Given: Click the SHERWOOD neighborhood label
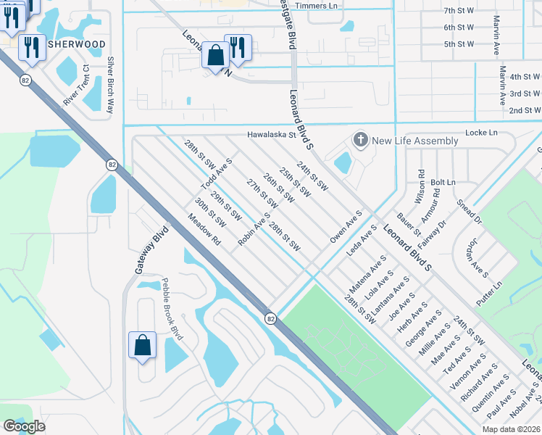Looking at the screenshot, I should [77, 44].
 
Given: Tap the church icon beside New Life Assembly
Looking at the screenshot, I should [359, 139].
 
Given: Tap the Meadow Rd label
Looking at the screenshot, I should [204, 229].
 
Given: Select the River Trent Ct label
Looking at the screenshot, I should [76, 86].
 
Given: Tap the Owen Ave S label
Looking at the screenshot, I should [346, 227].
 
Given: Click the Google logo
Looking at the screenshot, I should [24, 426].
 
